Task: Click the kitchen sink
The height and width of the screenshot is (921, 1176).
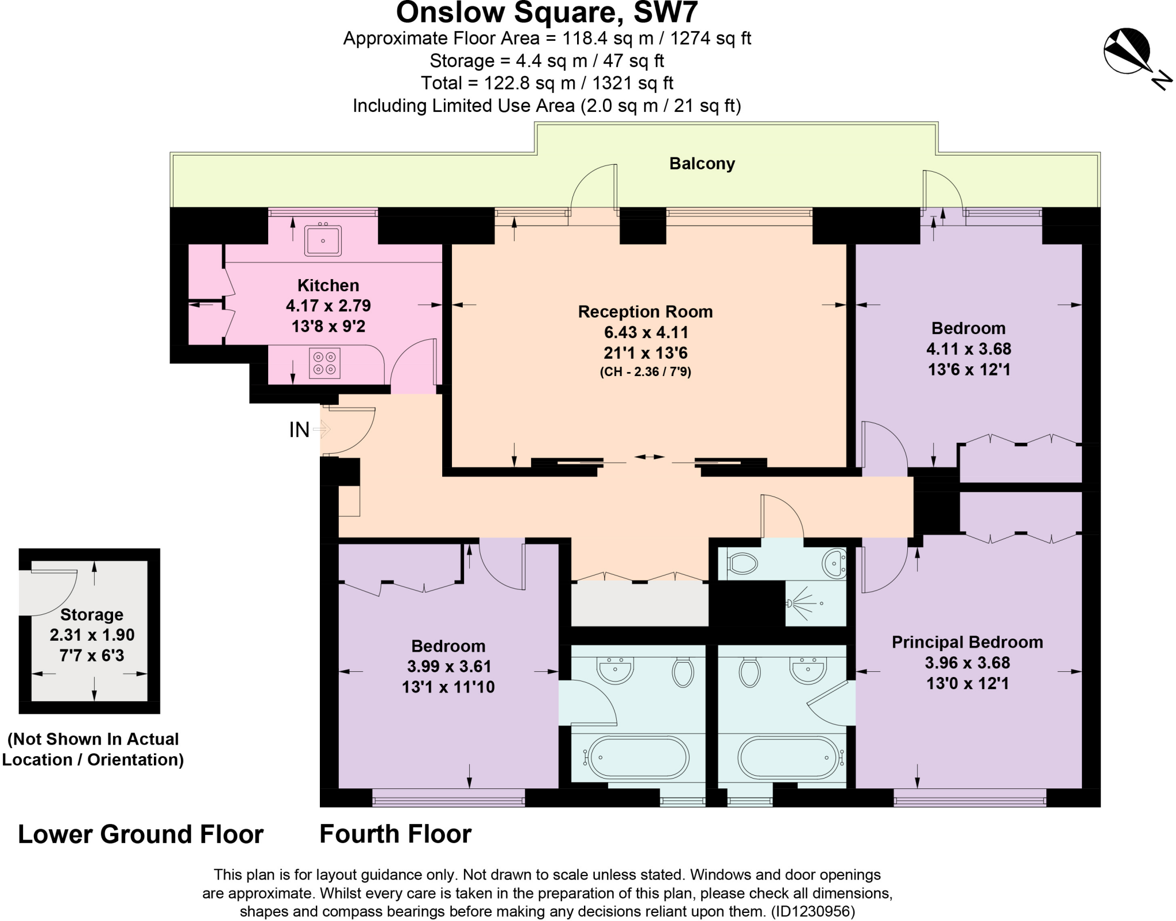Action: pos(323,240)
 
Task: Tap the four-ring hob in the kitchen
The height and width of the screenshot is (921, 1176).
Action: pos(324,363)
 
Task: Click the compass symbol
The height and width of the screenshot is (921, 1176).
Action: pos(1127,52)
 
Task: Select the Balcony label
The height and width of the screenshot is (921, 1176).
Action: pos(702,164)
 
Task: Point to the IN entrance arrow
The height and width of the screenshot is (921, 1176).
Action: pos(322,429)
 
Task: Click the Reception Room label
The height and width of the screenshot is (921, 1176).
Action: pos(645,312)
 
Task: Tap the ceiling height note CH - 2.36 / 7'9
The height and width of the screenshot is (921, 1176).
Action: pos(645,372)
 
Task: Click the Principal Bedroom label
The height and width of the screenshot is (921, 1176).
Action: pos(967,642)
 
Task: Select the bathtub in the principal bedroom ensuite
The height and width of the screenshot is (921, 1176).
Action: pos(788,757)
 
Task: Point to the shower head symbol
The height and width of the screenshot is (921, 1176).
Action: pos(790,603)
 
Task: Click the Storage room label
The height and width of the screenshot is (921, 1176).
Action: pos(92,614)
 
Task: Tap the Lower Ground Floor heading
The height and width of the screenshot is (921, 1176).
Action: pos(141,834)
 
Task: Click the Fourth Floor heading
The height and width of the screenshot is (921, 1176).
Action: pos(396,834)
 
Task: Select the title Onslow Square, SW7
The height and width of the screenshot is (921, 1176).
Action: pos(547,12)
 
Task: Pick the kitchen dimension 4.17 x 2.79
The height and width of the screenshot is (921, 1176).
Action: pos(328,305)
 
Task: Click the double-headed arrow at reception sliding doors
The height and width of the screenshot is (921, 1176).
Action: pos(649,457)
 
